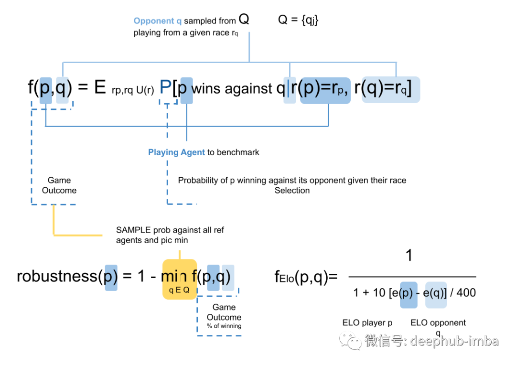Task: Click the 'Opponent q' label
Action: click(x=157, y=21)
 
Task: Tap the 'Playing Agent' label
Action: click(x=176, y=152)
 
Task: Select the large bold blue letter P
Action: click(x=165, y=87)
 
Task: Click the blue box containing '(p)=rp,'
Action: click(x=325, y=90)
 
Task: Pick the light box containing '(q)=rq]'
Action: click(x=391, y=90)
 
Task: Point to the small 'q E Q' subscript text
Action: click(x=179, y=290)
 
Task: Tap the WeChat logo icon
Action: click(x=350, y=340)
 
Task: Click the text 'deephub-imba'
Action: click(x=454, y=341)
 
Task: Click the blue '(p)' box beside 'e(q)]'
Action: click(x=408, y=294)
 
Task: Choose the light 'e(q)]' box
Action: click(x=436, y=294)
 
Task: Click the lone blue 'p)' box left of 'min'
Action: click(x=111, y=277)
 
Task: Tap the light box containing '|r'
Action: click(x=290, y=90)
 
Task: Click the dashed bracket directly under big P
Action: click(x=168, y=102)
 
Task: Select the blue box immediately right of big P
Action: click(x=186, y=90)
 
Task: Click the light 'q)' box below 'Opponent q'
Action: click(x=63, y=90)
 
